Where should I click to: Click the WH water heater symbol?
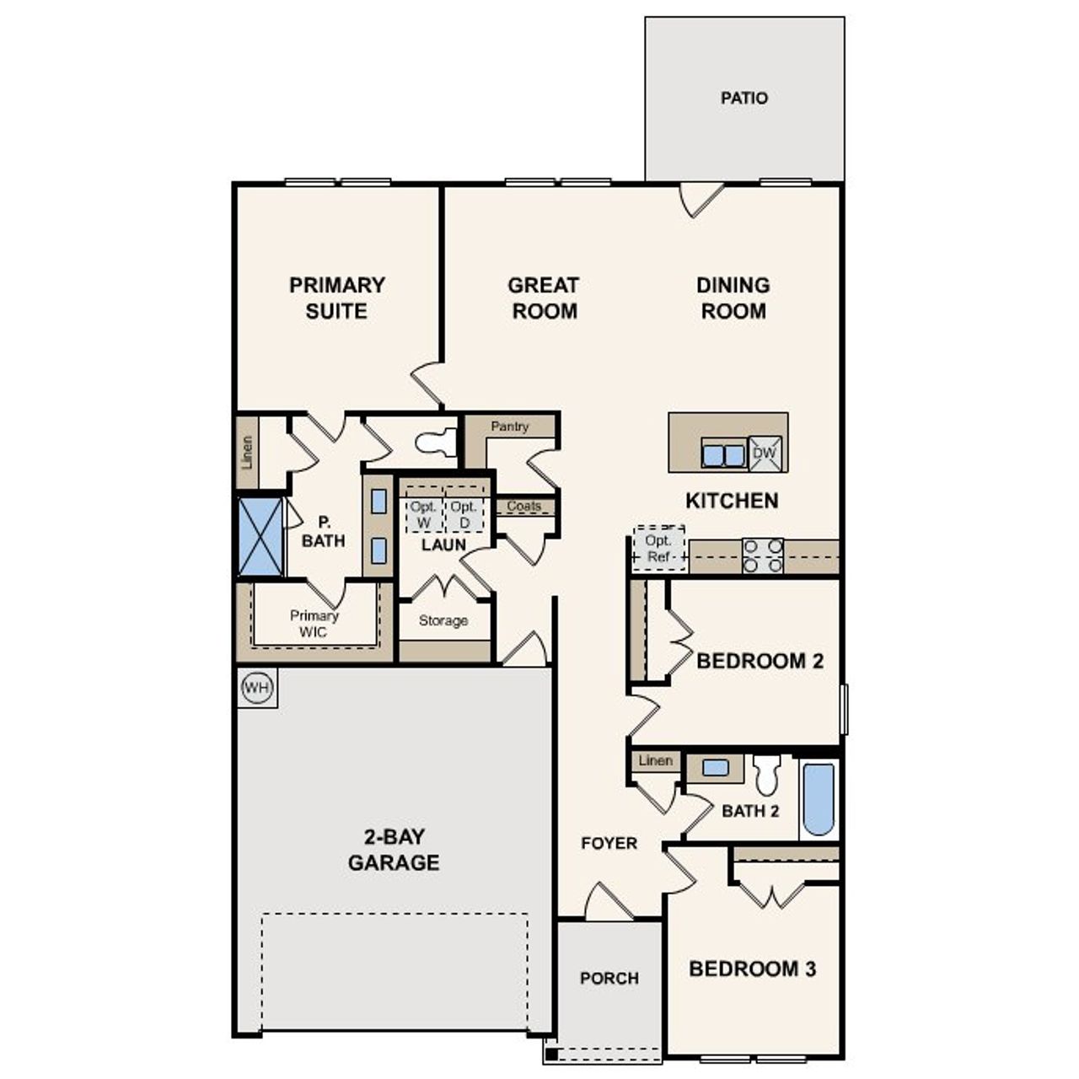point(256,688)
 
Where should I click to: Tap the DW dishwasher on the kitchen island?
point(765,453)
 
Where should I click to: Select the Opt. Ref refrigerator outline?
point(658,549)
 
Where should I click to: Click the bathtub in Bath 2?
point(819,798)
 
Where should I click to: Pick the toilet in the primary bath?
point(436,442)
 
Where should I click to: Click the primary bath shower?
point(260,536)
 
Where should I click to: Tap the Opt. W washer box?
point(424,514)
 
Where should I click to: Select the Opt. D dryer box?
point(464,514)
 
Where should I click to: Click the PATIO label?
point(744,98)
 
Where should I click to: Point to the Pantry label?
point(510,427)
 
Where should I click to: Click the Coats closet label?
point(524,506)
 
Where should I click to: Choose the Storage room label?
point(443,620)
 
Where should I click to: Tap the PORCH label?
point(609,978)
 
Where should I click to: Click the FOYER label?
point(609,843)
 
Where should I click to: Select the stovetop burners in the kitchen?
point(763,556)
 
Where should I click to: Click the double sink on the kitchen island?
point(723,455)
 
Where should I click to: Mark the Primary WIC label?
point(314,624)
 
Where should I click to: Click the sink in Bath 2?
point(715,768)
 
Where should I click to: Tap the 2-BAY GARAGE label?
point(394,850)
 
